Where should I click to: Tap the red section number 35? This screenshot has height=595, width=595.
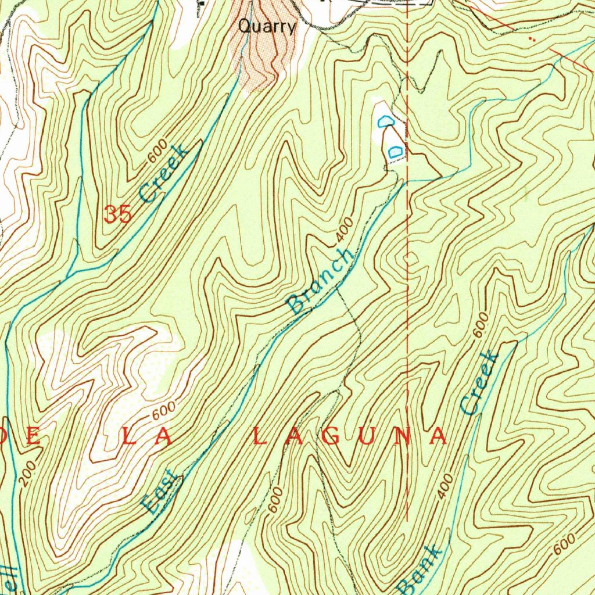[x=117, y=214]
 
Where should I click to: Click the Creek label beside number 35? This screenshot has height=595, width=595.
[x=164, y=173]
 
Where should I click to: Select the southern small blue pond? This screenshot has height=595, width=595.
[x=395, y=150]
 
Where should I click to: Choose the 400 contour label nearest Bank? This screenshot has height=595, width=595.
[x=445, y=486]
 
